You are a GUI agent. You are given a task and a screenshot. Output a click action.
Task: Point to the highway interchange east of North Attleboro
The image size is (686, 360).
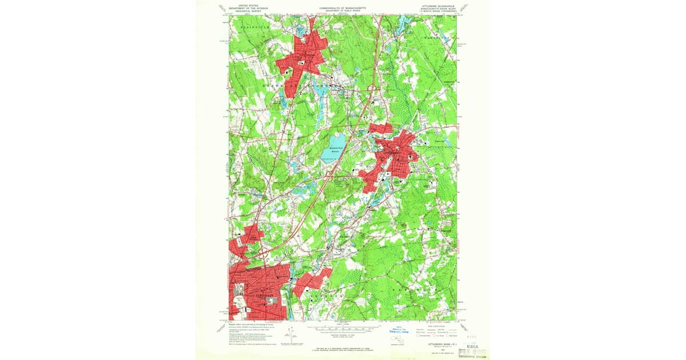pyautogui.click(x=370, y=88)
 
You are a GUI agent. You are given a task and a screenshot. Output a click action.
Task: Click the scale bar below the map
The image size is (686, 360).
pyautogui.click(x=343, y=330)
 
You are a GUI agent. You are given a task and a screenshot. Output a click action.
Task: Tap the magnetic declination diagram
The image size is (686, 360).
pyautogui.click(x=292, y=334)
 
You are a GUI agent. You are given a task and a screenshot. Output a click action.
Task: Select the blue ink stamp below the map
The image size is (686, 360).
pyautogui.click(x=403, y=330)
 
